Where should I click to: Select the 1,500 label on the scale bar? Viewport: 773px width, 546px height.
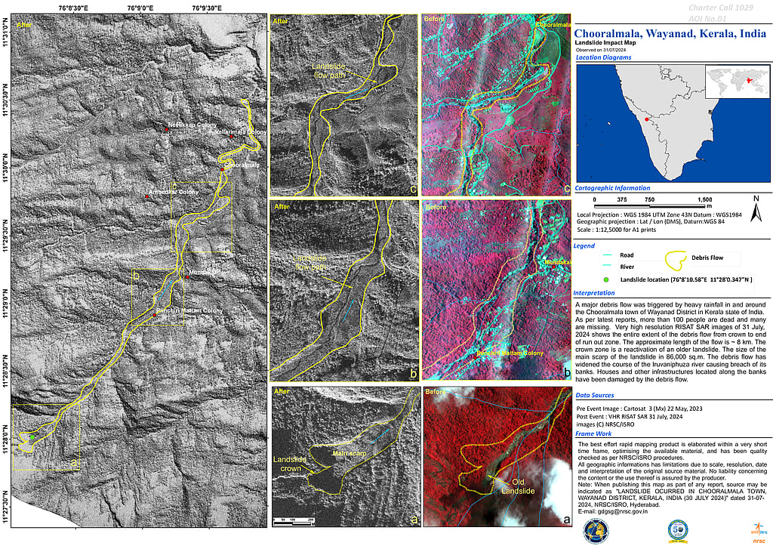[704, 199]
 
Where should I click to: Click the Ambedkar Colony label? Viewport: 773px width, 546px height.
[174, 191]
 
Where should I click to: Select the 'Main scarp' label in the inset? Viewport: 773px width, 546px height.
[350, 453]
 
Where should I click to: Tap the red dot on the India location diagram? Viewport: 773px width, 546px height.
[646, 119]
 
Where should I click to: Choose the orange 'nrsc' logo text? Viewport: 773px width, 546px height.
[757, 541]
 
